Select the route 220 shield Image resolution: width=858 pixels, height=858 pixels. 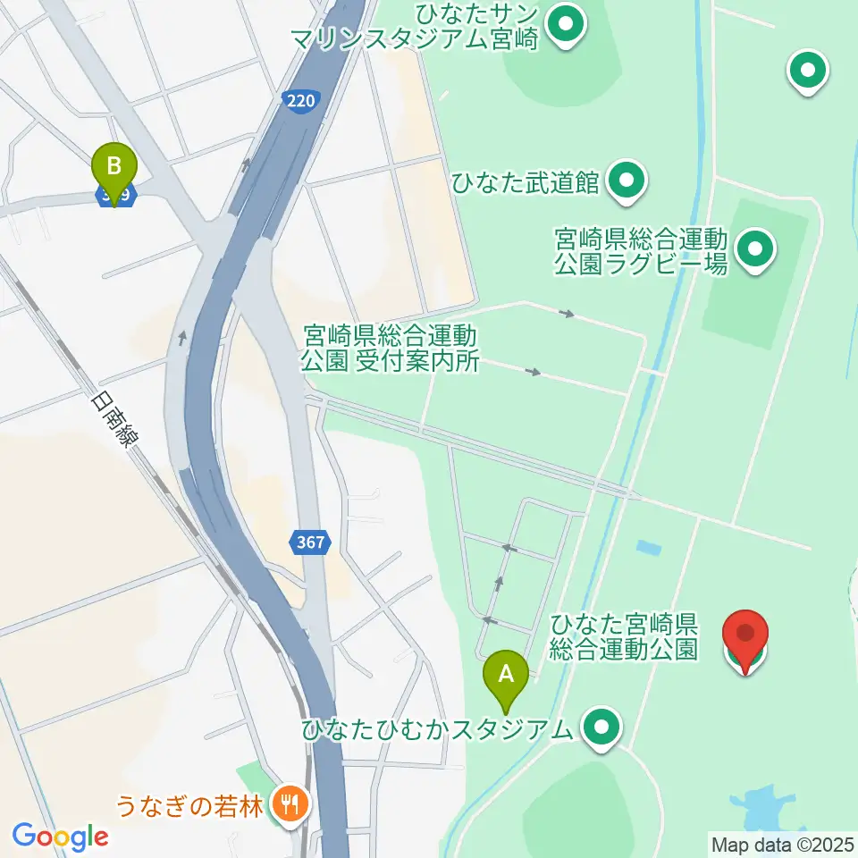click(x=301, y=101)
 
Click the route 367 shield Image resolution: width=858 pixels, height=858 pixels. click(x=310, y=542)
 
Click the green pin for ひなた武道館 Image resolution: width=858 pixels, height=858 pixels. click(x=627, y=181)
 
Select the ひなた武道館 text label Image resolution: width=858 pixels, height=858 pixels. click(x=526, y=182)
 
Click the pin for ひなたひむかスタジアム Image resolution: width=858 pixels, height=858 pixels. click(x=602, y=728)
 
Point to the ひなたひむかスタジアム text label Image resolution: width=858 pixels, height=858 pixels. click(x=437, y=729)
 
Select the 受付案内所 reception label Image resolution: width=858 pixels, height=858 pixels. click(x=390, y=349)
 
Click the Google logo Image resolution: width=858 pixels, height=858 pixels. click(x=60, y=837)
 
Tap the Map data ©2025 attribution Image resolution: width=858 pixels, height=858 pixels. click(x=783, y=843)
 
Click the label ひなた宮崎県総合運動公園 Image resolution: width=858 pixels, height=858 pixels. click(x=624, y=635)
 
